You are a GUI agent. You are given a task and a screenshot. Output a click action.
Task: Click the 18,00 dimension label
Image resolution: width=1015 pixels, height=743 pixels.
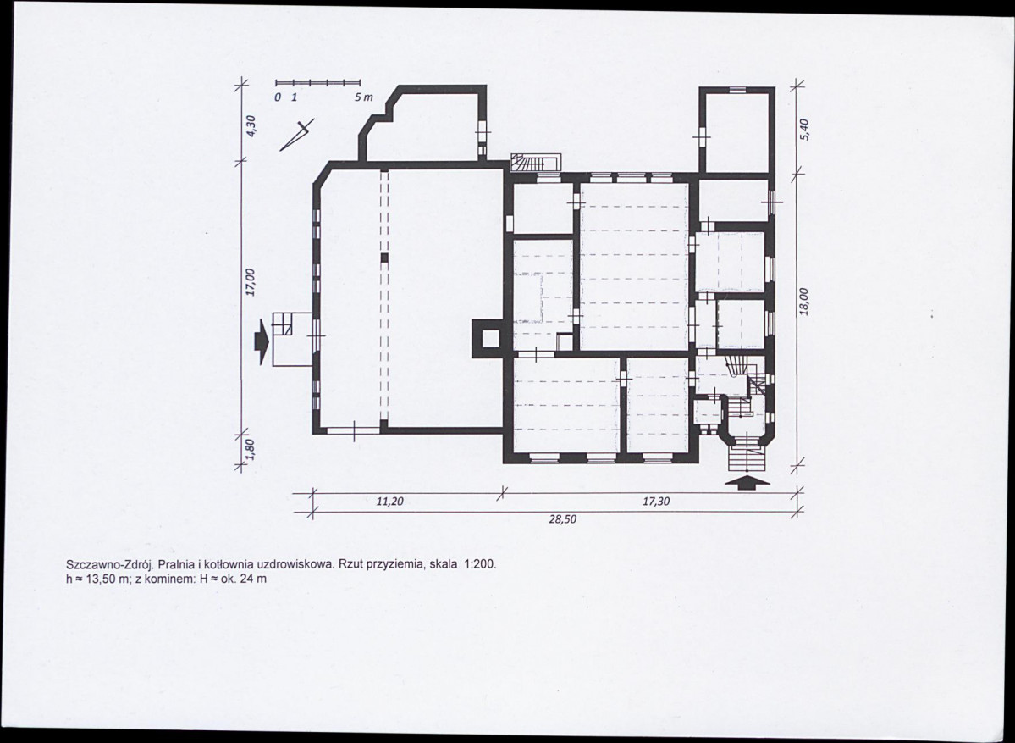[x=804, y=302]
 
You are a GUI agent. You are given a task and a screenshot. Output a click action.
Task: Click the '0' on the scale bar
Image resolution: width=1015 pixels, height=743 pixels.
[x=277, y=97]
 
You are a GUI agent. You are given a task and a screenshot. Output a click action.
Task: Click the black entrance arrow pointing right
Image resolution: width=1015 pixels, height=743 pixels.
[x=261, y=341]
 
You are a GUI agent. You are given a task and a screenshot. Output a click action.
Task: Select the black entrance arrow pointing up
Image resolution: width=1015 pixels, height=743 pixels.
[x=747, y=481]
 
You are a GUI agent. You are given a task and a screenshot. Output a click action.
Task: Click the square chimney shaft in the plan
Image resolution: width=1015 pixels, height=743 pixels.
[x=488, y=338]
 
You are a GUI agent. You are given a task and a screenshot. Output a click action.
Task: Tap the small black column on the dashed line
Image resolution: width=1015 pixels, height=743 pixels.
[x=383, y=258]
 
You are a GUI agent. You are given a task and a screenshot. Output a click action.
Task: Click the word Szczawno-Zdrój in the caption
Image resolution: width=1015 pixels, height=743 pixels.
[x=108, y=564]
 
